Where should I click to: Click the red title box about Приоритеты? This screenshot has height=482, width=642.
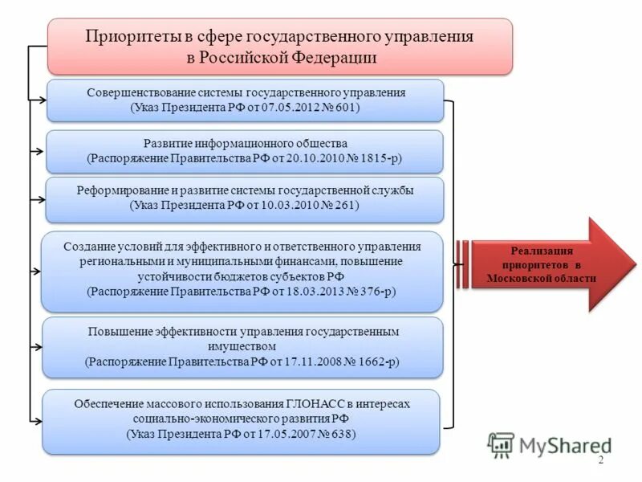[x=279, y=47]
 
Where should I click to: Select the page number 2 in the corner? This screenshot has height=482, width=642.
[x=601, y=459]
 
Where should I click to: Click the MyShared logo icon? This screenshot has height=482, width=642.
[x=502, y=444]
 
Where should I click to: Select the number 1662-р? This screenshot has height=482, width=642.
[x=372, y=361]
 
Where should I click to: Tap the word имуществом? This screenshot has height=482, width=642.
[x=241, y=346]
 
